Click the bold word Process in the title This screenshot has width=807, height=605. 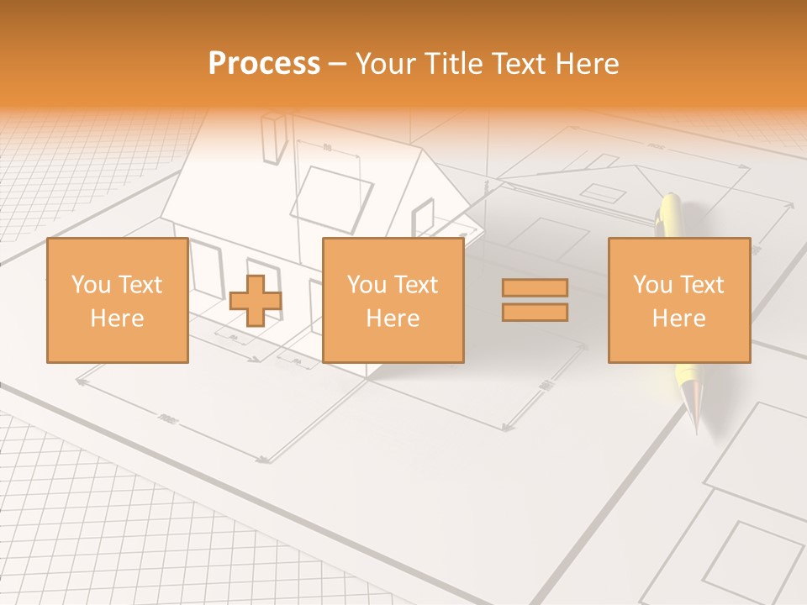264,64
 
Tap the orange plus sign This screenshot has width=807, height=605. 256,301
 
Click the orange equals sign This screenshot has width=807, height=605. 535,300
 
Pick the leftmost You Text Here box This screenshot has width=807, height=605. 117,300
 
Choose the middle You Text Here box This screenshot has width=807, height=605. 393,300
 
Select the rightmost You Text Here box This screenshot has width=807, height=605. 679,300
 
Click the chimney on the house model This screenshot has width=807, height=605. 274,138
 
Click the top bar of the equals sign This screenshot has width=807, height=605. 535,288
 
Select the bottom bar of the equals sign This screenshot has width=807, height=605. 535,312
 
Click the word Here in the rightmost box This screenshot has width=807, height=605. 679,318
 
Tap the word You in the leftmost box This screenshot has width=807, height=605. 90,285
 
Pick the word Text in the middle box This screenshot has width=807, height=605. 416,285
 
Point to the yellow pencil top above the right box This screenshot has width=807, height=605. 671,214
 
